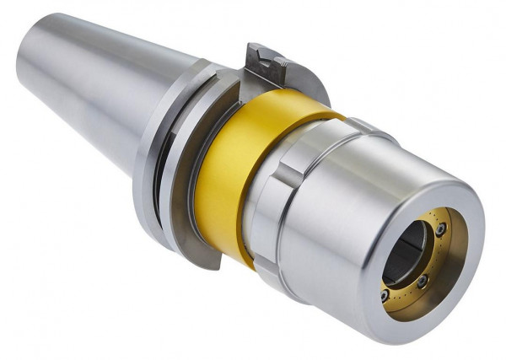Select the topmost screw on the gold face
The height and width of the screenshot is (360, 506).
[440, 228]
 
